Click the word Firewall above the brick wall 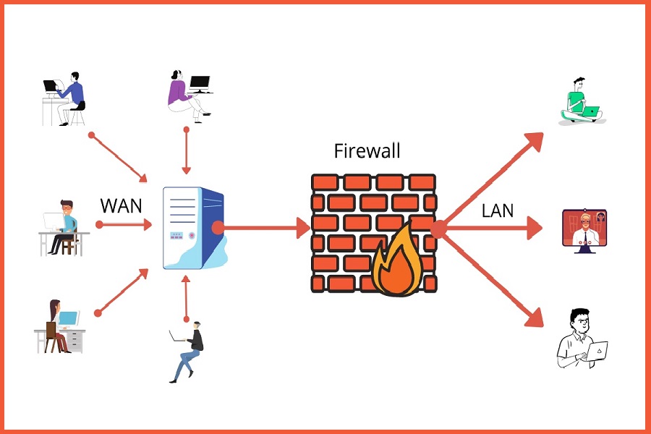coord(367,151)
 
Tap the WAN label coord(121,205)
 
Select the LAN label coord(498,210)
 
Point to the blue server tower coord(192,227)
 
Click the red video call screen coord(584,230)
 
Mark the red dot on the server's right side coord(217,228)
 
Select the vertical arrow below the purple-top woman coord(187,152)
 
